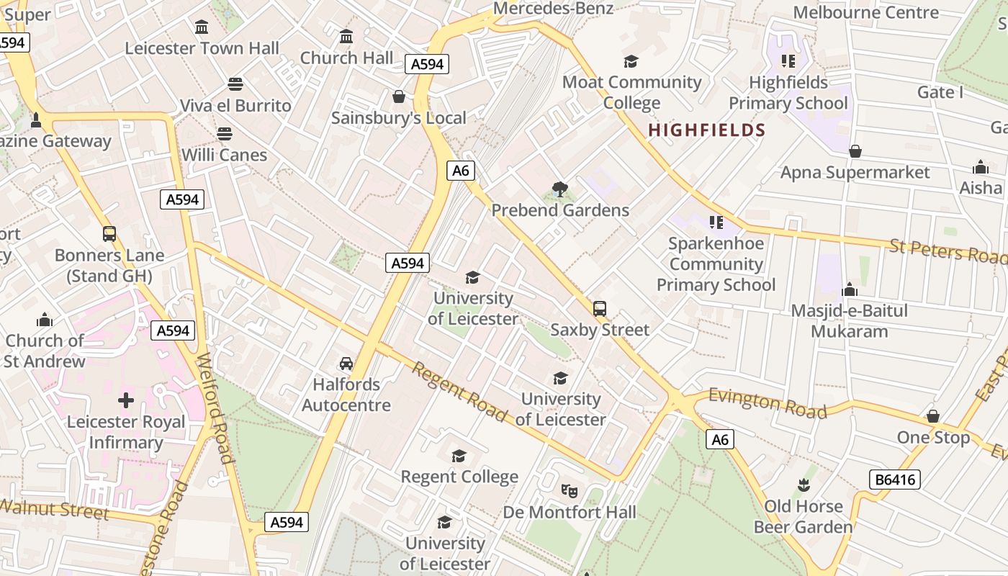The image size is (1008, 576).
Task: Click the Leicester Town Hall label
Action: click(202, 48)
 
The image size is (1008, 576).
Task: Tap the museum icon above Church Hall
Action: click(346, 36)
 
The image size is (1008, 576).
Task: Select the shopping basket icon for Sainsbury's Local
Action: click(399, 96)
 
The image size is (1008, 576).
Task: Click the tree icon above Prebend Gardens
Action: click(559, 189)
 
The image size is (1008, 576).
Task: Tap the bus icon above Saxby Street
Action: click(600, 309)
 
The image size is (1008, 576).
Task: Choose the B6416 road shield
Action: click(894, 480)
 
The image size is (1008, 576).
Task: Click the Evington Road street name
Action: click(768, 403)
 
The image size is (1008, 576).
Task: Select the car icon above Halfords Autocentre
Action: click(346, 364)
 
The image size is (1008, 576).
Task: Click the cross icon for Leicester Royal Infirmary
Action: click(126, 400)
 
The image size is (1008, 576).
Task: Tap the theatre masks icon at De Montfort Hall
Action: click(570, 491)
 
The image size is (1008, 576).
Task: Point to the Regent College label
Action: click(459, 477)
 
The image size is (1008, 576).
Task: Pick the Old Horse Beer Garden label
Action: click(803, 517)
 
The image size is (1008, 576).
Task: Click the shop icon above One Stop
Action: click(933, 416)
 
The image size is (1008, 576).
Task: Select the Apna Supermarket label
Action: click(855, 172)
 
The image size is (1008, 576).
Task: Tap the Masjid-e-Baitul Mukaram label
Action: click(849, 321)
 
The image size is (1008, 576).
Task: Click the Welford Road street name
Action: click(215, 408)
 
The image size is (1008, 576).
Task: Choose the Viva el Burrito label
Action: click(235, 106)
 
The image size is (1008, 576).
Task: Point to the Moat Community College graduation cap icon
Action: click(631, 61)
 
